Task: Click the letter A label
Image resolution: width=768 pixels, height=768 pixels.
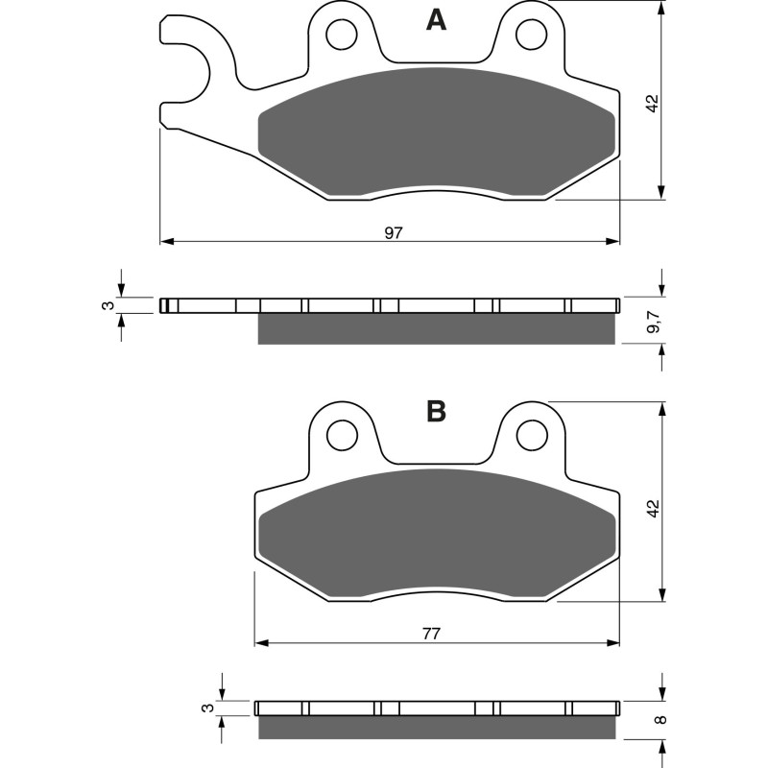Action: pyautogui.click(x=436, y=20)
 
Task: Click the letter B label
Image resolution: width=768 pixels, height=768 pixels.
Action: pyautogui.click(x=436, y=412)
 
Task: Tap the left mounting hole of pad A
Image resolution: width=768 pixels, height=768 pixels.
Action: pyautogui.click(x=339, y=36)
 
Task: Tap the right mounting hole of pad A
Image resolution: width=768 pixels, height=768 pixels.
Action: pyautogui.click(x=529, y=36)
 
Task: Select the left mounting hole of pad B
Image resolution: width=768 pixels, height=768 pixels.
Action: pyautogui.click(x=339, y=436)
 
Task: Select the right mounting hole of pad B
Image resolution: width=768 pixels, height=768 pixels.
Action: pyautogui.click(x=529, y=436)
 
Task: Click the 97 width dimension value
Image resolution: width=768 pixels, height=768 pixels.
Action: pyautogui.click(x=393, y=232)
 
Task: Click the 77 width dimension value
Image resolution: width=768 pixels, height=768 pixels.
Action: pyautogui.click(x=431, y=634)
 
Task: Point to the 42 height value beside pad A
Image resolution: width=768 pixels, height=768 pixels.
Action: pyautogui.click(x=653, y=104)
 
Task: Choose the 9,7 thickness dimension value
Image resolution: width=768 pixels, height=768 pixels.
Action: pyautogui.click(x=653, y=323)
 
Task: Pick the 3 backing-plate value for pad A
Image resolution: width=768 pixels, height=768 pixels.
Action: pyautogui.click(x=108, y=305)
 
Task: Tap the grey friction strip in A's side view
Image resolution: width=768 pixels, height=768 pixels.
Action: pyautogui.click(x=437, y=329)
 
